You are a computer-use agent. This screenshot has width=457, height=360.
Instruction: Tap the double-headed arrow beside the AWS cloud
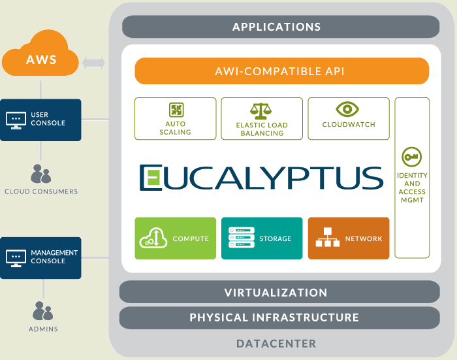pyautogui.click(x=94, y=63)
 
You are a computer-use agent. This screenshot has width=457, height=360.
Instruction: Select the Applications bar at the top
pyautogui.click(x=276, y=27)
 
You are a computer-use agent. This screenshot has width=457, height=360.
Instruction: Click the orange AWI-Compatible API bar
pyautogui.click(x=281, y=71)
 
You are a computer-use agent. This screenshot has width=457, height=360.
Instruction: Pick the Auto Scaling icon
pyautogui.click(x=175, y=109)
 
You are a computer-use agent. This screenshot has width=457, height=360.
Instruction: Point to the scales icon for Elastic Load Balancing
pyautogui.click(x=261, y=110)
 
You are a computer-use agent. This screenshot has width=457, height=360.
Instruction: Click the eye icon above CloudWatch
pyautogui.click(x=347, y=109)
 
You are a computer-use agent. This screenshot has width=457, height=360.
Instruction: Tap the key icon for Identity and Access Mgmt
pyautogui.click(x=412, y=157)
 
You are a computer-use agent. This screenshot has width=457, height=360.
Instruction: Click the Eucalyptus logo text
pyautogui.click(x=261, y=177)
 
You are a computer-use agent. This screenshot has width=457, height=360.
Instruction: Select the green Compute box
pyautogui.click(x=174, y=238)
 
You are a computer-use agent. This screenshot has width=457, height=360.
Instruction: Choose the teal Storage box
pyautogui.click(x=260, y=238)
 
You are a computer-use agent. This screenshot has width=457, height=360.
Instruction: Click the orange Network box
pyautogui.click(x=348, y=238)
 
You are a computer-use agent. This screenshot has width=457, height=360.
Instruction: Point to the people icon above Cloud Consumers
pyautogui.click(x=40, y=174)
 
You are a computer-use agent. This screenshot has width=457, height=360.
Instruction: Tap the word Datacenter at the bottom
pyautogui.click(x=276, y=343)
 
